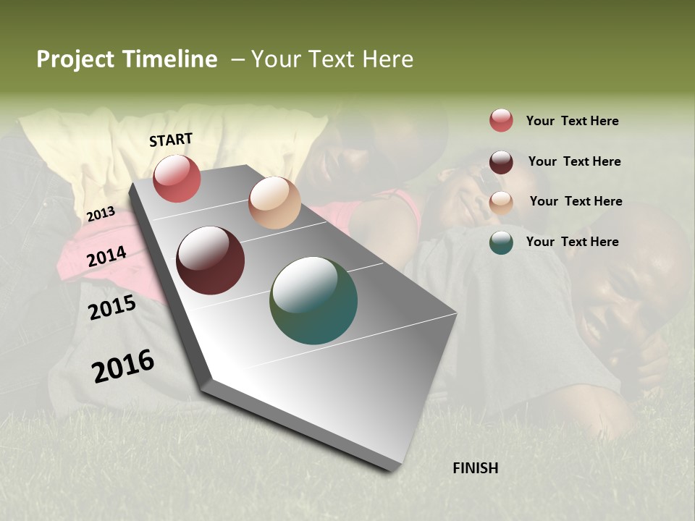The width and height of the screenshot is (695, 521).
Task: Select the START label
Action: pyautogui.click(x=171, y=140)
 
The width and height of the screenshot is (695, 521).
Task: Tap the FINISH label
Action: pyautogui.click(x=476, y=468)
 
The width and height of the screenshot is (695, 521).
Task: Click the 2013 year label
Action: pyautogui.click(x=101, y=214)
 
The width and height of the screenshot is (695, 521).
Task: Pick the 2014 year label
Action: pyautogui.click(x=106, y=257)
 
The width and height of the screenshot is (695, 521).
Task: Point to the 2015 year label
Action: pyautogui.click(x=112, y=308)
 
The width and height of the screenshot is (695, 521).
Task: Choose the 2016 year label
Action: pyautogui.click(x=123, y=366)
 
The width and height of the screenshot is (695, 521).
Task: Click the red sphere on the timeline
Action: pyautogui.click(x=177, y=178)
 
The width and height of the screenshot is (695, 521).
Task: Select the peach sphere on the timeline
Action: pyautogui.click(x=274, y=203)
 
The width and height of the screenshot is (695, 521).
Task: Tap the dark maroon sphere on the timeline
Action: pyautogui.click(x=211, y=260)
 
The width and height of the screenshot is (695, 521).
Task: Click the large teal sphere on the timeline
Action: pyautogui.click(x=313, y=300)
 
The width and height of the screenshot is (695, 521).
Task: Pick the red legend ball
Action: pyautogui.click(x=501, y=120)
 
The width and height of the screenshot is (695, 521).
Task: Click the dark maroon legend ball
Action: pyautogui.click(x=501, y=162)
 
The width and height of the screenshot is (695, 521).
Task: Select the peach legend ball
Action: pyautogui.click(x=501, y=202)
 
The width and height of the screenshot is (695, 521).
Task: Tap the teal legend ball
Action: pyautogui.click(x=501, y=242)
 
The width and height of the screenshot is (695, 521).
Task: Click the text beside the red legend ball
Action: pyautogui.click(x=572, y=121)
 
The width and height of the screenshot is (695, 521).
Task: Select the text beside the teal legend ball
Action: pyautogui.click(x=572, y=242)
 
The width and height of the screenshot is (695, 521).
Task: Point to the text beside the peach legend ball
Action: pyautogui.click(x=576, y=201)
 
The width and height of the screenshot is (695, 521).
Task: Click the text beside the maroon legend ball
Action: pyautogui.click(x=574, y=161)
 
